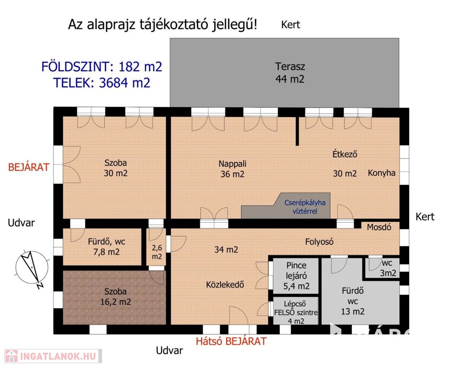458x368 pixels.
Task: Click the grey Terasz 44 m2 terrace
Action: (284, 72)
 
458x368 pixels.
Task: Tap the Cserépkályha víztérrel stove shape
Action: (286, 206)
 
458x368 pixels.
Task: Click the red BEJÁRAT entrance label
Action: (29, 167)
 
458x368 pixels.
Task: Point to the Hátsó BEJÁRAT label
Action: (231, 341)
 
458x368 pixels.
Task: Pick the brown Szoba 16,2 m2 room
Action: (115, 298)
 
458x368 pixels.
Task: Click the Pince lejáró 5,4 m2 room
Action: (295, 276)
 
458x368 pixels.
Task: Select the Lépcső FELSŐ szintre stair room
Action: (295, 311)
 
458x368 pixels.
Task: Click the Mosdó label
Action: (379, 227)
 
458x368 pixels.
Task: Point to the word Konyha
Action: (381, 173)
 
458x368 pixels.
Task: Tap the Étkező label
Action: (345, 154)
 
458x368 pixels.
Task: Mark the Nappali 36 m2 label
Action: (233, 169)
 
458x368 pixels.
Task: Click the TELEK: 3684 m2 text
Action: (102, 83)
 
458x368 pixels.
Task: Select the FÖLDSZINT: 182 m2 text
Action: (102, 67)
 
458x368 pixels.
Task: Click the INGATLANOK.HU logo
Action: (53, 356)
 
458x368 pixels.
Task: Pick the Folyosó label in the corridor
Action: (319, 241)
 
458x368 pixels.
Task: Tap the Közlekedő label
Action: (225, 285)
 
